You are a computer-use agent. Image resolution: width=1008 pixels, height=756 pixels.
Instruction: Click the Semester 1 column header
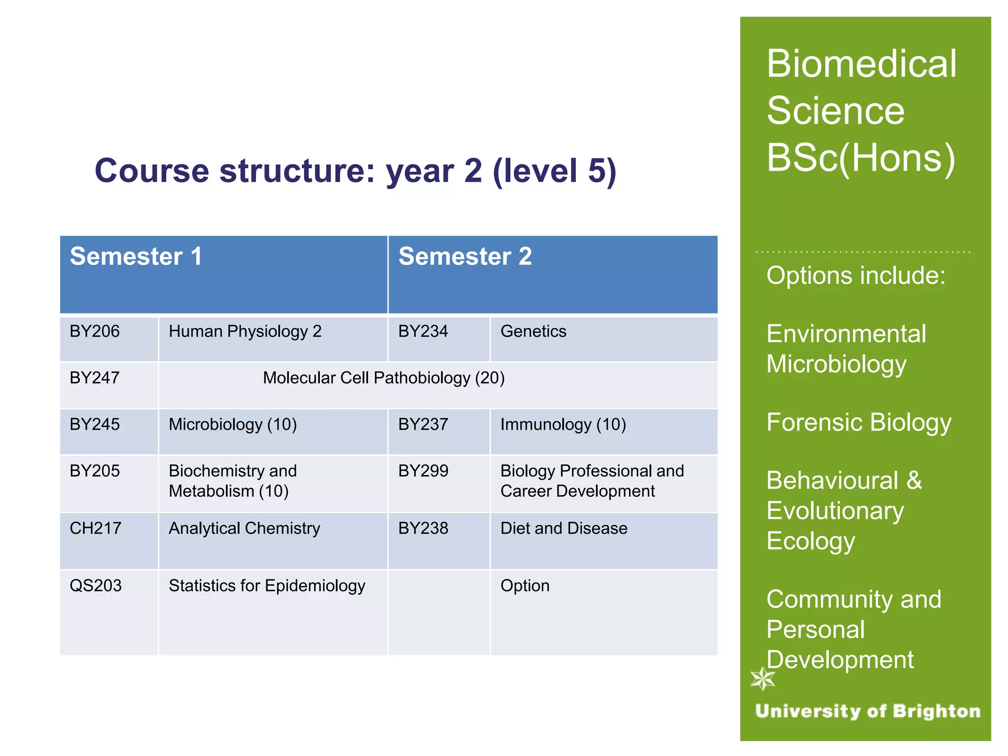coord(136,257)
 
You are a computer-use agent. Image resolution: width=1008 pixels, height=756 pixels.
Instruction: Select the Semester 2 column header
coord(465,257)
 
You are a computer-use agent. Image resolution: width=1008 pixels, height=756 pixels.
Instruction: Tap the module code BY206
coord(94,331)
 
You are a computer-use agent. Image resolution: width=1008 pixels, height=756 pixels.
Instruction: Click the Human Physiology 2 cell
coord(245,331)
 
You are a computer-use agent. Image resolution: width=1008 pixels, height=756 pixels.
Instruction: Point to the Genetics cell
coord(533,331)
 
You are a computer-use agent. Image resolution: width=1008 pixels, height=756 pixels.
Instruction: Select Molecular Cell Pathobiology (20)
coord(383,378)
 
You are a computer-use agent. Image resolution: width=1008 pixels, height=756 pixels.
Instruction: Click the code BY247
coord(94,378)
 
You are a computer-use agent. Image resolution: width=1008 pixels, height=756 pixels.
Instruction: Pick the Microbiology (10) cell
coord(232,424)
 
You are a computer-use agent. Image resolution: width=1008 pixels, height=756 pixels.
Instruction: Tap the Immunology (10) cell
coord(563,424)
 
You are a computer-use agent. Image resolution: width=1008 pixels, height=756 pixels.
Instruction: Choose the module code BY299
coord(423,471)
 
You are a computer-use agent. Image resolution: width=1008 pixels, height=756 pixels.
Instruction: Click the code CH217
coord(95,528)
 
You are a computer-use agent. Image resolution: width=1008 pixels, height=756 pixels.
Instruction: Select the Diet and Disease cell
coord(564,528)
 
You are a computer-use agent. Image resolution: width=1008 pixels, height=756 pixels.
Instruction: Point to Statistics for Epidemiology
coord(267,586)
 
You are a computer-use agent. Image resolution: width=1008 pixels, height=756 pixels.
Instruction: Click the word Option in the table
coord(525,586)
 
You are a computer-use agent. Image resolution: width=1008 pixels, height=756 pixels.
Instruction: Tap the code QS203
coord(95,586)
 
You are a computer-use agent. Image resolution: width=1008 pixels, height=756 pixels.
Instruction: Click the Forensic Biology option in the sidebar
coord(858,423)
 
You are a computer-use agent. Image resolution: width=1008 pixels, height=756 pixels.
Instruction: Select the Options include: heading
coord(855,276)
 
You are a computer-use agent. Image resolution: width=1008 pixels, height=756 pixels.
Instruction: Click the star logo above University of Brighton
coord(762,679)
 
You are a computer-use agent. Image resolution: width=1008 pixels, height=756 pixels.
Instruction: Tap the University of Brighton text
coord(867,711)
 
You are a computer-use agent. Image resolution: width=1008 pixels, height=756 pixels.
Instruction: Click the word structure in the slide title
coord(297,171)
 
